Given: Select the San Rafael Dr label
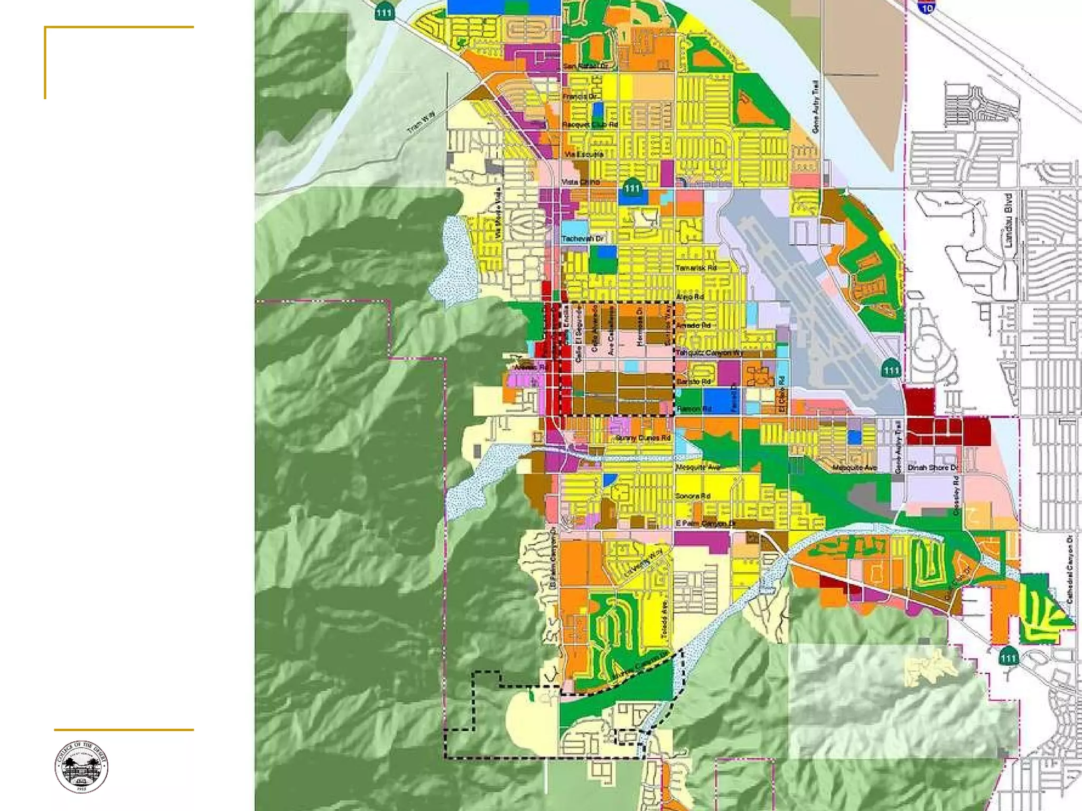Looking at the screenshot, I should coord(585,66).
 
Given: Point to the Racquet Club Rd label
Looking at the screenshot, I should coord(590,125).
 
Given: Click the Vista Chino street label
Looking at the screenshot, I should coord(580,182).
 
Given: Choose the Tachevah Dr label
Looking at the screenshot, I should coord(582,239).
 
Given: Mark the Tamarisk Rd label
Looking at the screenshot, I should coord(696,268).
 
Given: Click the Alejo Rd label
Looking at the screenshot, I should coord(690,297).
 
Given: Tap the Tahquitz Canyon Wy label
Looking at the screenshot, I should coord(709,353).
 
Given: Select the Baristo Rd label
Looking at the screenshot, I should coord(694,381).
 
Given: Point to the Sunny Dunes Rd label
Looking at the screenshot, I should coord(642,438).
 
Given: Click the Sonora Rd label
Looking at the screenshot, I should coord(693,496).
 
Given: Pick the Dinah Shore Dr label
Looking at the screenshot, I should coord(932,468).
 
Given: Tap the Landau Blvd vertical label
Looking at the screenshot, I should coord(1008,221).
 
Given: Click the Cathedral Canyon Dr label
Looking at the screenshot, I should coord(1070,569).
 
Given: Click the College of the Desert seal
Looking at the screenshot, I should coord(81,767).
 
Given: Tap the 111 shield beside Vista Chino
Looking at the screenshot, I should coord(632,187).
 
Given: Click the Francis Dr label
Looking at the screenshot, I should coord(580,97).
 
